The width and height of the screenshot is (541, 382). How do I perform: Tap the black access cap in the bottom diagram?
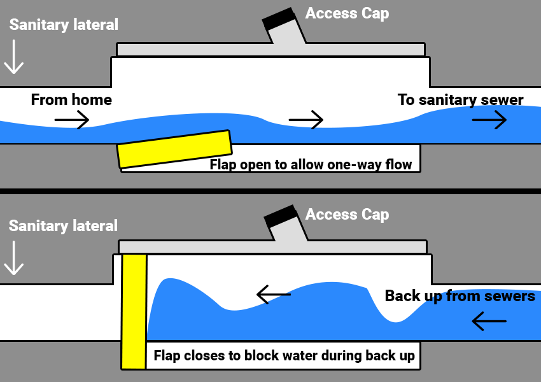coord(280,217)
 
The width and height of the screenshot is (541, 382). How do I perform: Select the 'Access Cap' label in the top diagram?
coord(347,13)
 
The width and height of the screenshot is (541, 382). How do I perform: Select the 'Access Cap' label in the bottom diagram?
coord(347,215)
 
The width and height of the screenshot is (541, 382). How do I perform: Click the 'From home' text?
coord(71,100)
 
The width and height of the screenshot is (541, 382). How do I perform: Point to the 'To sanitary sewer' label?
coord(460,100)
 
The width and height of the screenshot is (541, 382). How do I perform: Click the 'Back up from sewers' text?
coord(460,296)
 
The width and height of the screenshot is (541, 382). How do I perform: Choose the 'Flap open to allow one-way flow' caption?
coord(311,165)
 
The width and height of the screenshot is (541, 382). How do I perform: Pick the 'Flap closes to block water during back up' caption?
coord(284,356)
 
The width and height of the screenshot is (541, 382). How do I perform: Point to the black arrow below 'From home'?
coord(71,120)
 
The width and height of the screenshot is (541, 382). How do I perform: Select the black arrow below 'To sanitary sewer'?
coord(489,119)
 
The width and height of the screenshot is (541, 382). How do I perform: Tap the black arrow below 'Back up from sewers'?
coord(489,323)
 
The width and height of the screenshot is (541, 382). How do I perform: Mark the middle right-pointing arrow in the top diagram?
coord(306,119)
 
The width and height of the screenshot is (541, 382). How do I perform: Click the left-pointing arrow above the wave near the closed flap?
coord(274,294)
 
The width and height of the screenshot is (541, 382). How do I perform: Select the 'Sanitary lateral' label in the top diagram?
coord(64,25)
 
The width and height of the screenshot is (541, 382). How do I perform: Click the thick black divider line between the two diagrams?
coord(270,191)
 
